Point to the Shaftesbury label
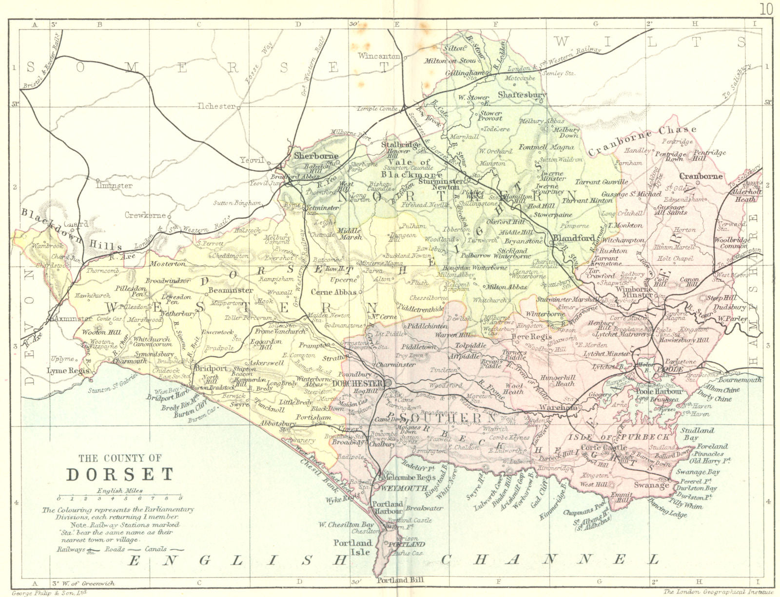point(522,95)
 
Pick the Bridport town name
point(211,369)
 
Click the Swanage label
point(651,485)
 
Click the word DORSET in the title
point(119,474)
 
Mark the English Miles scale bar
point(119,498)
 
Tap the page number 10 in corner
point(765,9)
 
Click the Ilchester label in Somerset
point(216,106)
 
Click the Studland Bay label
point(697,434)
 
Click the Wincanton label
point(379,56)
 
